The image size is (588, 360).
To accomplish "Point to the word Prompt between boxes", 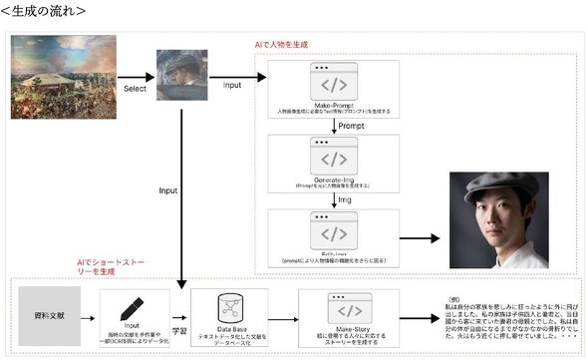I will (x=351, y=128).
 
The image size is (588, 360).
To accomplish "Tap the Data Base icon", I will (x=230, y=305).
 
